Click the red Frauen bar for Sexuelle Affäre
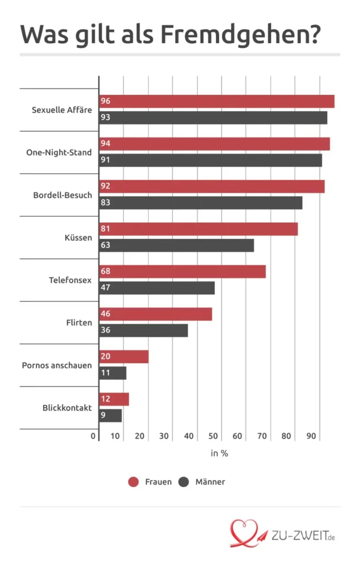tap(216, 101)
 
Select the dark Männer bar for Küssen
tap(176, 245)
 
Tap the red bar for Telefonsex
tap(182, 271)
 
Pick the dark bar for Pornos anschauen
tap(113, 373)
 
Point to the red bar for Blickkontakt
tap(114, 399)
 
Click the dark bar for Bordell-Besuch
tap(201, 203)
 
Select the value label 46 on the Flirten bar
tap(106, 314)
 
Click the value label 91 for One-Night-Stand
tap(106, 161)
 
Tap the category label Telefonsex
tap(70, 280)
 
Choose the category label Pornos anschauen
tap(57, 365)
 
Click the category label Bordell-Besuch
tap(62, 195)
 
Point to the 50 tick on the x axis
tap(213, 437)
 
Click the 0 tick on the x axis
tap(94, 437)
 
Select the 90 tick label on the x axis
tap(311, 437)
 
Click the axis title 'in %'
tap(219, 454)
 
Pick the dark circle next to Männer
tap(184, 482)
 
